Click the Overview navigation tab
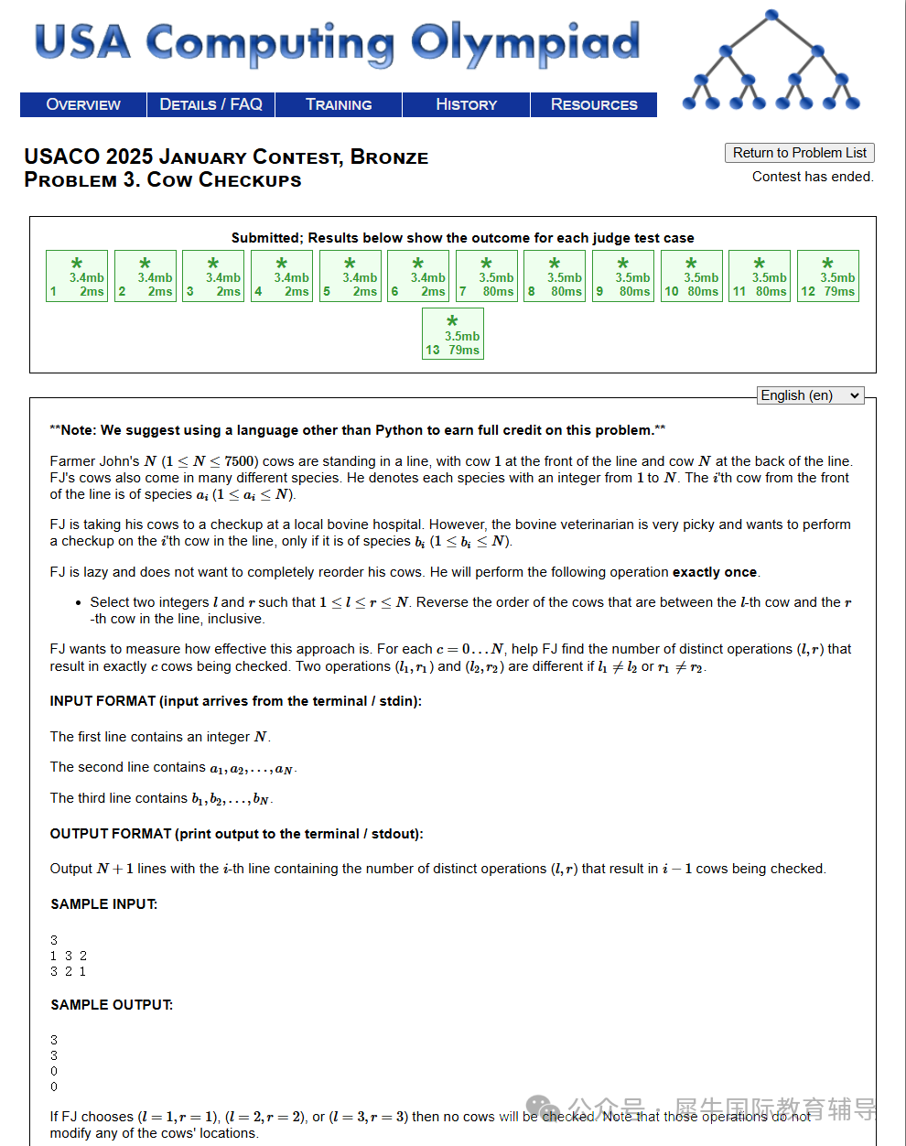[83, 104]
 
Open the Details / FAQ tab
[210, 104]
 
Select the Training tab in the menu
[339, 104]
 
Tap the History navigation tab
[466, 104]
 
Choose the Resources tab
[594, 104]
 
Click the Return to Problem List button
[799, 153]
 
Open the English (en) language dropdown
[811, 395]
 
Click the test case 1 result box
[77, 276]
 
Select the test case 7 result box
[487, 276]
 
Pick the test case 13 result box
[453, 334]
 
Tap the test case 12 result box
[828, 276]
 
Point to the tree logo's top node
[771, 16]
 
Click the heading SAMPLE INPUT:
[103, 904]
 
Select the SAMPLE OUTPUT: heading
[112, 1005]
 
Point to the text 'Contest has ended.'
[813, 177]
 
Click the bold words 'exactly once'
[715, 572]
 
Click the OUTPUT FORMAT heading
[236, 834]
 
